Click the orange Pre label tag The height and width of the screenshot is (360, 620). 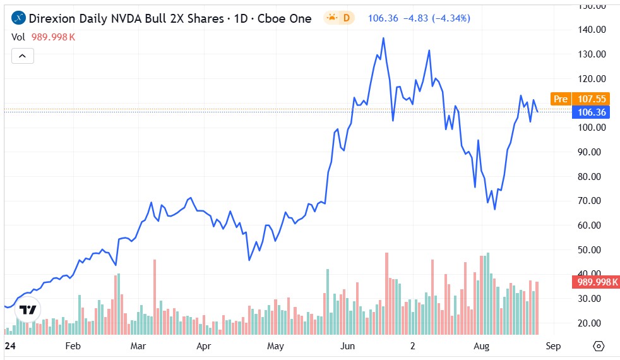point(560,99)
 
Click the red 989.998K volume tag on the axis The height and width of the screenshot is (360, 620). point(594,282)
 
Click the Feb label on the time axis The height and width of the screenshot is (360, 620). point(73,346)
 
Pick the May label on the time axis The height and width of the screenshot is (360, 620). point(275,346)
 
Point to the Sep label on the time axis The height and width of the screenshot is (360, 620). point(552,346)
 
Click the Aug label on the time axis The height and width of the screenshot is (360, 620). point(482,346)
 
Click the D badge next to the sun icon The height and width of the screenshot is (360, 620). point(346,18)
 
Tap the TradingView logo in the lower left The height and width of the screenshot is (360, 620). point(27,309)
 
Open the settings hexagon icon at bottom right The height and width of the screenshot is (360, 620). point(599,346)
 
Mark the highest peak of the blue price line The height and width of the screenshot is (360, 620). point(383,39)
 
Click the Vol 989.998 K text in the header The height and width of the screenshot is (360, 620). point(44,37)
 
